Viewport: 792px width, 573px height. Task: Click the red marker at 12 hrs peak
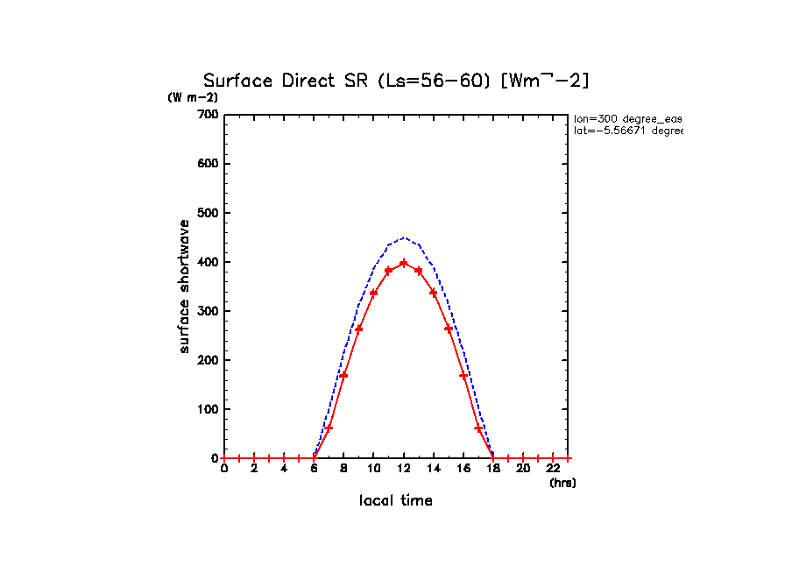click(x=403, y=263)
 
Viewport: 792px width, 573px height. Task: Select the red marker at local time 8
click(x=343, y=375)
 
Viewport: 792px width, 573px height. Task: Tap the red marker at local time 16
click(x=463, y=375)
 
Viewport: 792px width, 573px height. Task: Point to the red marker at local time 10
click(x=373, y=293)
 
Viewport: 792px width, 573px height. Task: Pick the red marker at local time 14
click(x=433, y=293)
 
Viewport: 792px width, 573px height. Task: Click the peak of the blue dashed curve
click(x=403, y=237)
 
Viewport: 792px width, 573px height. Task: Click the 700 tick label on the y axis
click(x=207, y=115)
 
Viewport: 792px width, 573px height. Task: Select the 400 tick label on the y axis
click(x=207, y=262)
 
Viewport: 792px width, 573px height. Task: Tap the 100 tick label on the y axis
click(x=207, y=409)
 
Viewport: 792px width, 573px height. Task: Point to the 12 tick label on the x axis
click(x=403, y=469)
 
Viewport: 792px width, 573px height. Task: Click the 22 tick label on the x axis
click(x=552, y=469)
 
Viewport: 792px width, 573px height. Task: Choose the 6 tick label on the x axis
click(x=314, y=469)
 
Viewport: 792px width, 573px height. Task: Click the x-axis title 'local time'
click(x=396, y=501)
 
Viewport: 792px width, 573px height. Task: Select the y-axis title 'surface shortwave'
click(x=184, y=286)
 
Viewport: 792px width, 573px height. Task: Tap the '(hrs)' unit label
click(x=562, y=483)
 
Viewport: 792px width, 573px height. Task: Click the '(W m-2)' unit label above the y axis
click(x=193, y=98)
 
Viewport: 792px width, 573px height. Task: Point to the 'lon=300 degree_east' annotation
click(x=627, y=118)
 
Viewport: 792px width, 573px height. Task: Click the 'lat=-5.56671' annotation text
click(x=627, y=131)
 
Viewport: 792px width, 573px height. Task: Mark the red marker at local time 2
click(x=254, y=458)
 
